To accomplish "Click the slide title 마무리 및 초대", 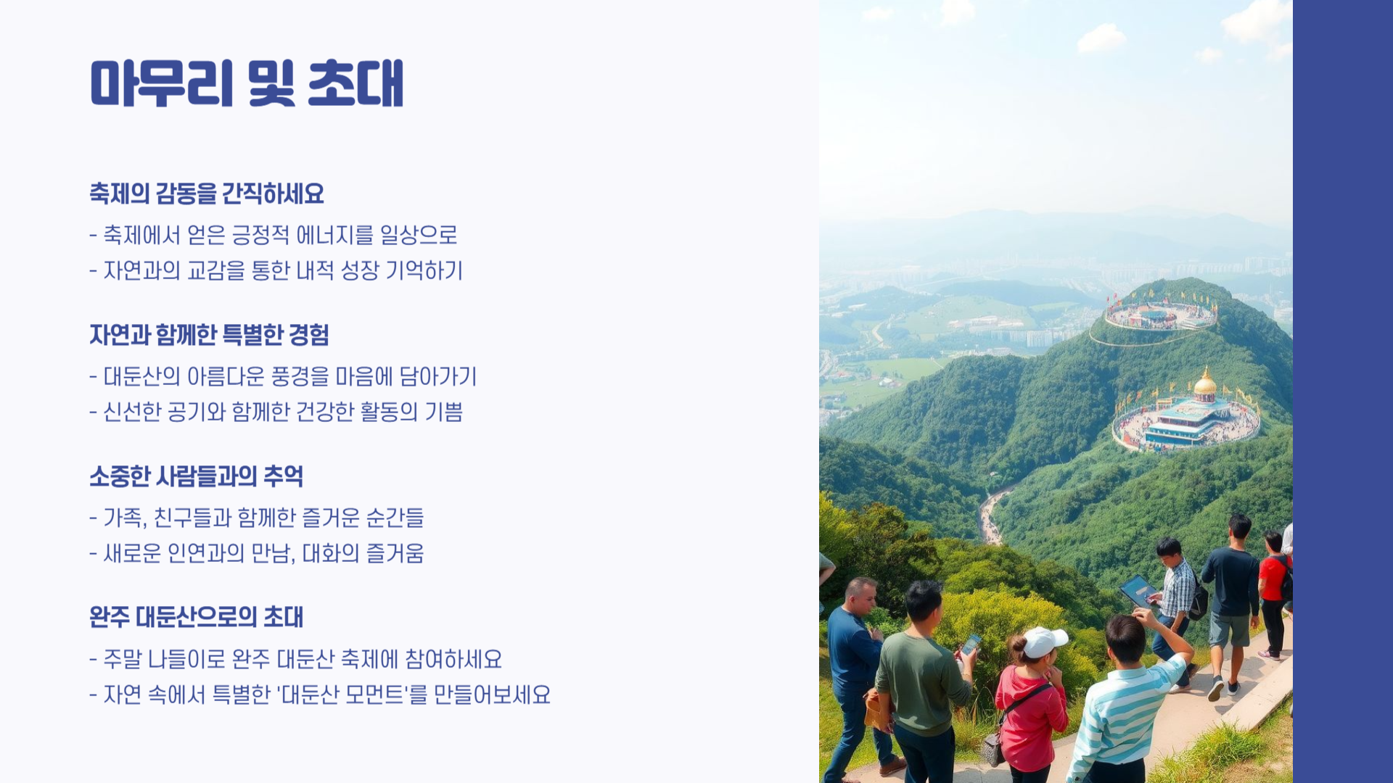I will pos(247,83).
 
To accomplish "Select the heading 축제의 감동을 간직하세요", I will pos(207,194).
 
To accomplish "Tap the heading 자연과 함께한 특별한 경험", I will pos(209,335).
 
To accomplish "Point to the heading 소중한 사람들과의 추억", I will pos(196,476).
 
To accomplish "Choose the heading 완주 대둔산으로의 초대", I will pos(196,618).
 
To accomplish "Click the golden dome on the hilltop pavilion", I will pos(1205,382).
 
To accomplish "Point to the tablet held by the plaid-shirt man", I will pos(1138,591).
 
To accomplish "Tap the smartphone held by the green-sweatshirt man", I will pos(971,644).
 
